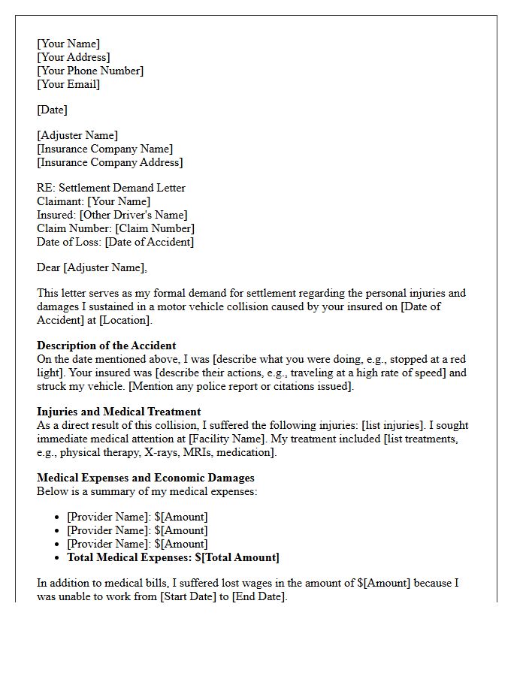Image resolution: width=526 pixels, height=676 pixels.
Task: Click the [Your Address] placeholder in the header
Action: [x=74, y=57]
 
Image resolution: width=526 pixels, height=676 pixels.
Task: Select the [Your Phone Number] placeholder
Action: [x=90, y=71]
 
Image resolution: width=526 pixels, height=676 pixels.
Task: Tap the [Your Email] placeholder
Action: [x=68, y=84]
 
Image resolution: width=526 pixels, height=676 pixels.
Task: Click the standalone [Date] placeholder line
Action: [x=52, y=110]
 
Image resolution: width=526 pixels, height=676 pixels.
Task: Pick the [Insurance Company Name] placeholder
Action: [x=104, y=149]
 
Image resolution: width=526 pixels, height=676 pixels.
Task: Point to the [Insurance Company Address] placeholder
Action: [x=110, y=162]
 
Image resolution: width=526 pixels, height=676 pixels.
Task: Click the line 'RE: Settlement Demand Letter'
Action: [x=111, y=188]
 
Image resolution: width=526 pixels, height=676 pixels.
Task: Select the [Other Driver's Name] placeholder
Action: [x=134, y=215]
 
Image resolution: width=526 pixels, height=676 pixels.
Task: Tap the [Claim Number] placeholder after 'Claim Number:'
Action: [x=155, y=228]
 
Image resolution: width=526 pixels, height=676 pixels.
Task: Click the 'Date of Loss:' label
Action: [x=69, y=242]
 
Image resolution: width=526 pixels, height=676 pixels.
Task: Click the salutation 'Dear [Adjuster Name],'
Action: [x=92, y=267]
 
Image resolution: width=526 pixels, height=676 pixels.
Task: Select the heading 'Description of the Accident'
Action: [x=107, y=346]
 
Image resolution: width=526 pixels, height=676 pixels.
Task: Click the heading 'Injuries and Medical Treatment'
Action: [x=119, y=412]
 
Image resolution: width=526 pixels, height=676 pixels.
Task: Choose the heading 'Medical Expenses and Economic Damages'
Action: [x=146, y=478]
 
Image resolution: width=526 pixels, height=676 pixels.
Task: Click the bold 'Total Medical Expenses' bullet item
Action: [x=173, y=557]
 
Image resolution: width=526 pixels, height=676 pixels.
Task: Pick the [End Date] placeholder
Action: [x=258, y=596]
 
